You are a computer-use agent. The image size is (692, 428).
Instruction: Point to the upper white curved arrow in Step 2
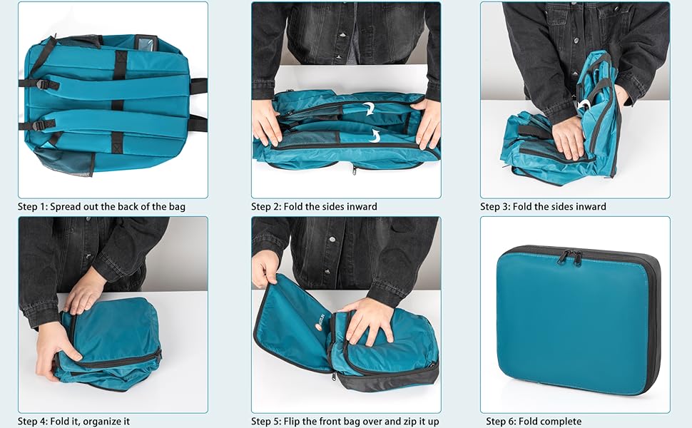click(x=369, y=109)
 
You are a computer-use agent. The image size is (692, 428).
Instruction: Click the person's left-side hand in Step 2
click(x=268, y=121)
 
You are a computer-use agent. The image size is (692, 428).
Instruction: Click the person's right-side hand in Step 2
click(x=428, y=123)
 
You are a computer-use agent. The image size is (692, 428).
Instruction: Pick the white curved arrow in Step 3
click(x=584, y=105)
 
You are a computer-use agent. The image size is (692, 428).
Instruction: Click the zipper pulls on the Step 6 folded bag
click(x=569, y=256)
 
